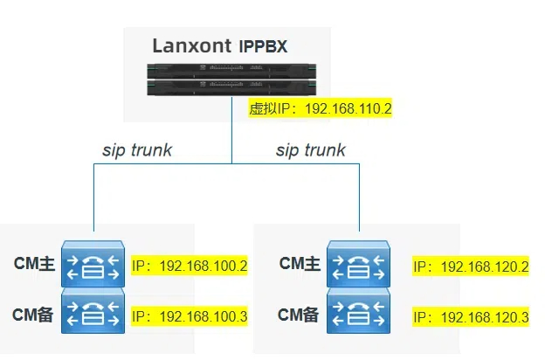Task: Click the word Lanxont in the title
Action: tap(192, 46)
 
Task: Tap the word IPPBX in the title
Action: tap(263, 47)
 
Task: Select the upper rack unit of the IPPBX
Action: tap(231, 73)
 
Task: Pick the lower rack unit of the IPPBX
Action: tap(231, 88)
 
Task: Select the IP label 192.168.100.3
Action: tap(190, 315)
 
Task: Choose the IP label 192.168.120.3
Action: tap(471, 315)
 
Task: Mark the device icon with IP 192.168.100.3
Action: tap(93, 313)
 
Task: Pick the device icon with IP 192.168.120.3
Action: tap(358, 313)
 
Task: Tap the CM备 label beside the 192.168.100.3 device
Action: tap(35, 314)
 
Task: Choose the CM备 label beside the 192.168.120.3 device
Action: tap(300, 314)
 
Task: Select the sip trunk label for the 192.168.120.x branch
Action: tap(311, 150)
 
